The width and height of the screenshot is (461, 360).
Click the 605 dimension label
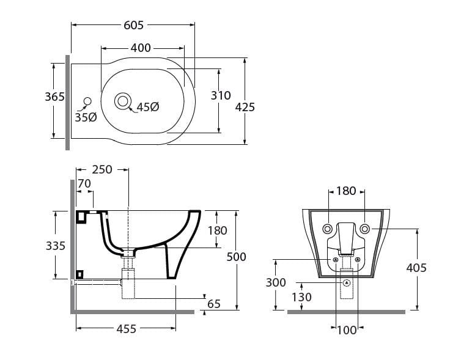tap(133, 25)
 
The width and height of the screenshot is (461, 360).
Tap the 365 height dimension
tap(54, 97)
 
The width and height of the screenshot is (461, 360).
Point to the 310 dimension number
tap(221, 95)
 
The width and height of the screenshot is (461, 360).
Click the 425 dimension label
tap(245, 107)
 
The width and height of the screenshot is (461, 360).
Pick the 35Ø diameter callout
tap(86, 117)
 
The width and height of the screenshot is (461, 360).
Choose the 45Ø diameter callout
tap(147, 107)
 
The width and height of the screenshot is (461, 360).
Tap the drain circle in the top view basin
tap(123, 100)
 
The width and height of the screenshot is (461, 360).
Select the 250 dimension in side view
tap(102, 170)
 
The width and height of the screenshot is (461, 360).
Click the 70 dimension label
tap(84, 183)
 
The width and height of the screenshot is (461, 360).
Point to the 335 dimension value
tap(55, 245)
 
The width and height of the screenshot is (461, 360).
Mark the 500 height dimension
tap(236, 257)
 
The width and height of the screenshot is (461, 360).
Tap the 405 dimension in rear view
tap(416, 267)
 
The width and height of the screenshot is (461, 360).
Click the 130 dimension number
tap(301, 297)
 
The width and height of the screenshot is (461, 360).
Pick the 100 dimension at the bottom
tap(347, 331)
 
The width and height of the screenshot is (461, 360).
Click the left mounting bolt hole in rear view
tap(328, 229)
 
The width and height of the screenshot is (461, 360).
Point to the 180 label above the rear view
tap(346, 191)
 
